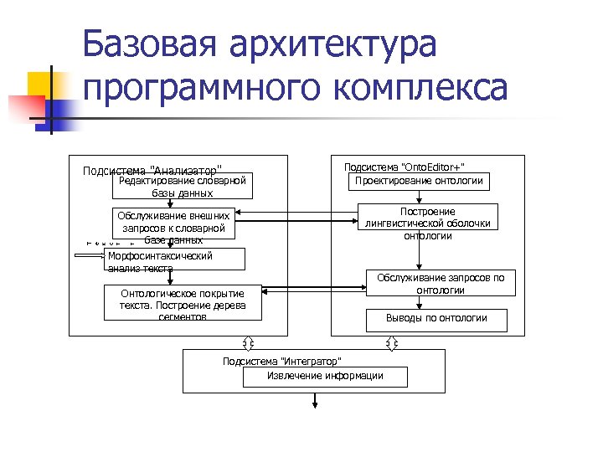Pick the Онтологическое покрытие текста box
click(182, 303)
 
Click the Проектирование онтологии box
click(419, 181)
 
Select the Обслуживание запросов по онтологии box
click(440, 283)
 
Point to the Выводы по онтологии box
click(436, 318)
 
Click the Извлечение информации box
click(325, 376)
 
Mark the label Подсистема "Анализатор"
click(152, 171)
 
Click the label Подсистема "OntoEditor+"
click(405, 167)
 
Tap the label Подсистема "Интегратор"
click(281, 361)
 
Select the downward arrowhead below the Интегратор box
click(315, 405)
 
